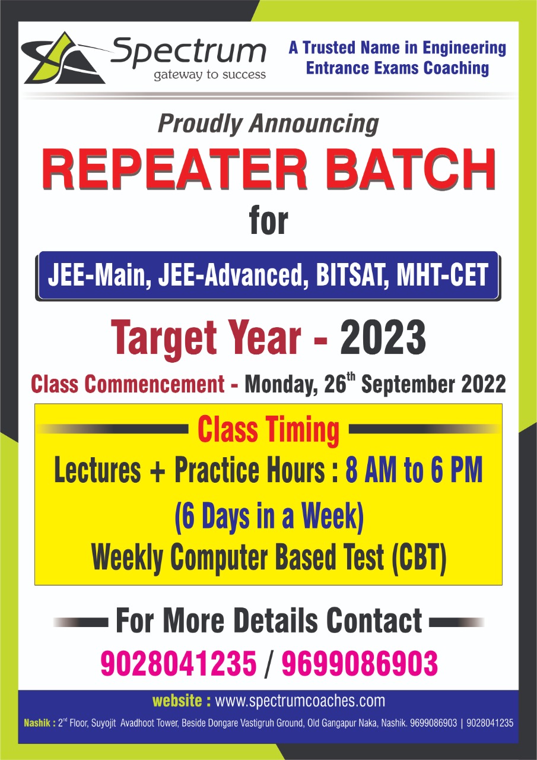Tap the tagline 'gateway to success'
click(209, 75)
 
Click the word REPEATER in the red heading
click(174, 169)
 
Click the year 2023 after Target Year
click(383, 338)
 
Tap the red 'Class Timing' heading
click(268, 429)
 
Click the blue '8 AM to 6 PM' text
click(414, 470)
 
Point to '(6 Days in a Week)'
click(269, 517)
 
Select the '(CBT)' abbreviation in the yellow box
click(418, 558)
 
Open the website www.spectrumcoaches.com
click(300, 700)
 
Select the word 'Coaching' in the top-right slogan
click(456, 68)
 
